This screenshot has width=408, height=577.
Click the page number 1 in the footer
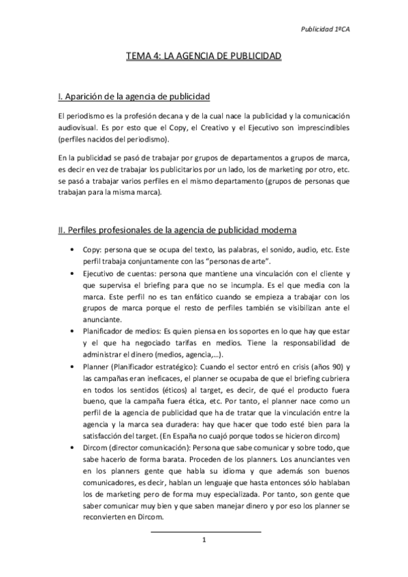204,540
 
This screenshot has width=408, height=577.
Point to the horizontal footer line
204,531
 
